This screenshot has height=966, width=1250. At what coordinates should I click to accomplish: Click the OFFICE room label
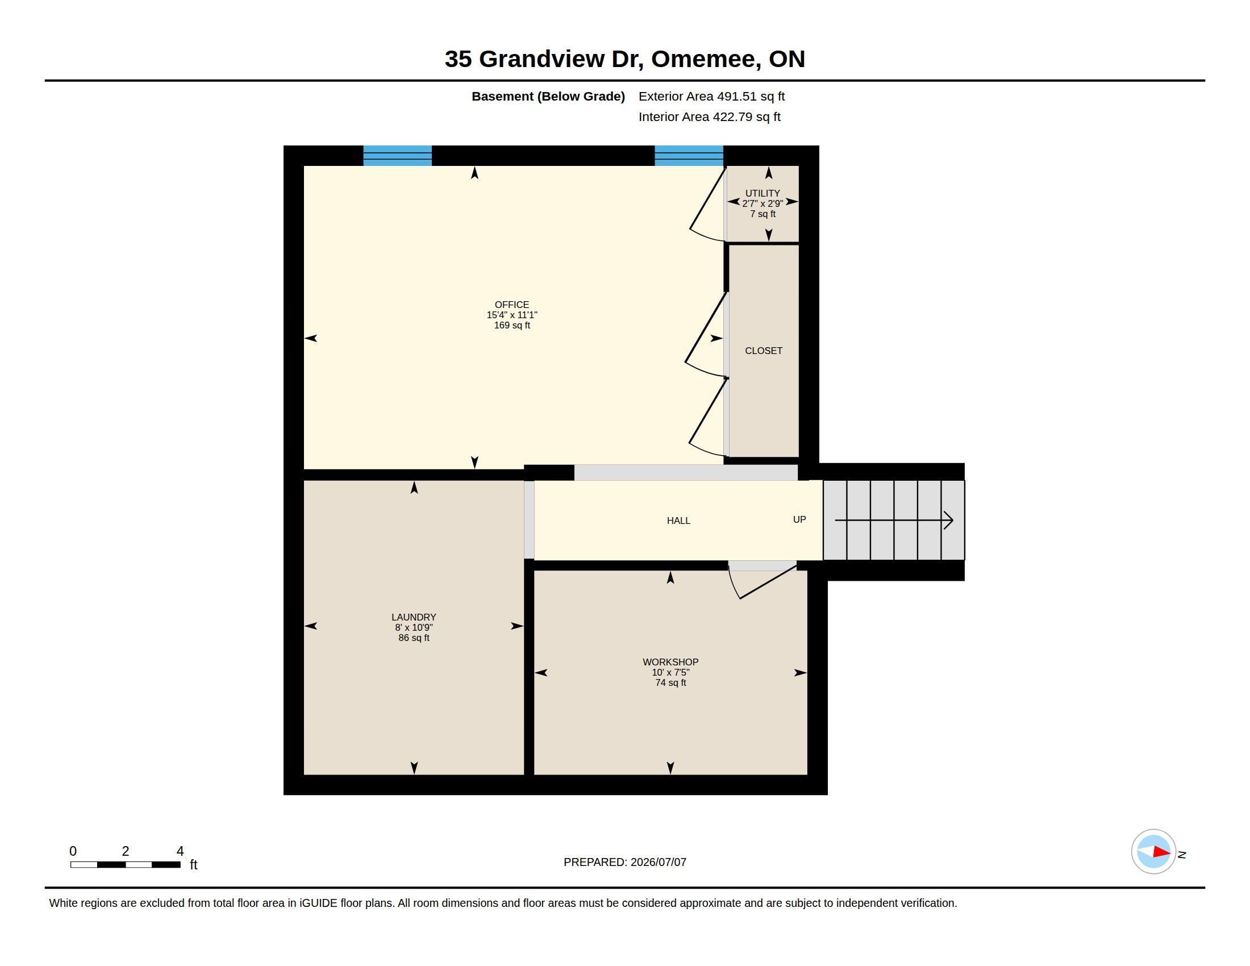(x=512, y=305)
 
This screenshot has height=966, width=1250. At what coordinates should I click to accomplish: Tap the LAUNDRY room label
(x=414, y=618)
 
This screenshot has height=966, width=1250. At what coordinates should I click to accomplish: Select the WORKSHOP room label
(x=670, y=662)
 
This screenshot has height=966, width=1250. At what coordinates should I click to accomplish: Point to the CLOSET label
(x=764, y=351)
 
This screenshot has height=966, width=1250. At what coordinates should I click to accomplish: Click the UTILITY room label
(x=763, y=193)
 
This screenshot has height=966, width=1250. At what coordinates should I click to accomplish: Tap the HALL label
(x=678, y=521)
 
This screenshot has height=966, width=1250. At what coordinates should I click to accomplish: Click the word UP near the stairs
(x=799, y=519)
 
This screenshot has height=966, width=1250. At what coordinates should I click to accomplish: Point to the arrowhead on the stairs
(x=948, y=520)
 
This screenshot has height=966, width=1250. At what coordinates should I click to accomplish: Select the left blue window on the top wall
(x=397, y=156)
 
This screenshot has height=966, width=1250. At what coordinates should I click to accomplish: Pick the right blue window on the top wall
(x=689, y=156)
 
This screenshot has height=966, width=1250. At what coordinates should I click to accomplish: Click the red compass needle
(x=1162, y=852)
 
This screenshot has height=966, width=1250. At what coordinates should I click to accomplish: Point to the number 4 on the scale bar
(x=180, y=851)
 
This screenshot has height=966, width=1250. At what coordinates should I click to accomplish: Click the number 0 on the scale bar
(x=73, y=851)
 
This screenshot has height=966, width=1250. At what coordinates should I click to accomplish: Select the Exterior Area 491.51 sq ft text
(x=711, y=97)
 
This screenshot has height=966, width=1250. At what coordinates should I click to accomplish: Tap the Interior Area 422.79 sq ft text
(x=709, y=117)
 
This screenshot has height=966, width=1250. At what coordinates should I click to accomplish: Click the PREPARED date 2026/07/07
(x=658, y=863)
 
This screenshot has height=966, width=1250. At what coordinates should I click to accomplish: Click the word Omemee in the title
(x=706, y=60)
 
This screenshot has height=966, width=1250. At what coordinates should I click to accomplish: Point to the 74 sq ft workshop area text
(x=670, y=682)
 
